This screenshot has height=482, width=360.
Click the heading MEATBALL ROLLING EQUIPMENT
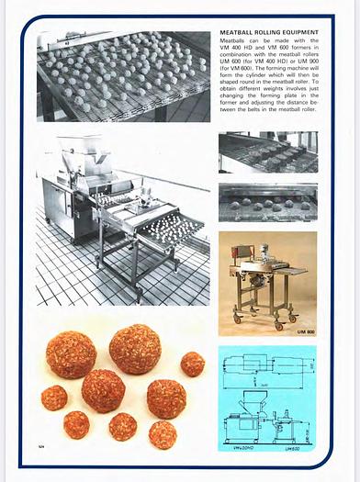pyautogui.click(x=268, y=31)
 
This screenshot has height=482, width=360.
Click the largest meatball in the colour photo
pyautogui.click(x=135, y=349)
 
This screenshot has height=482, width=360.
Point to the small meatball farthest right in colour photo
pyautogui.click(x=193, y=364)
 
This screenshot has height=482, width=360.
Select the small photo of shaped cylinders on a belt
pyautogui.click(x=267, y=152)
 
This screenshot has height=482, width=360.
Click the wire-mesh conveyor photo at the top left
pyautogui.click(x=123, y=77)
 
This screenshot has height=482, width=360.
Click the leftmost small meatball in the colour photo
pyautogui.click(x=54, y=398)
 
